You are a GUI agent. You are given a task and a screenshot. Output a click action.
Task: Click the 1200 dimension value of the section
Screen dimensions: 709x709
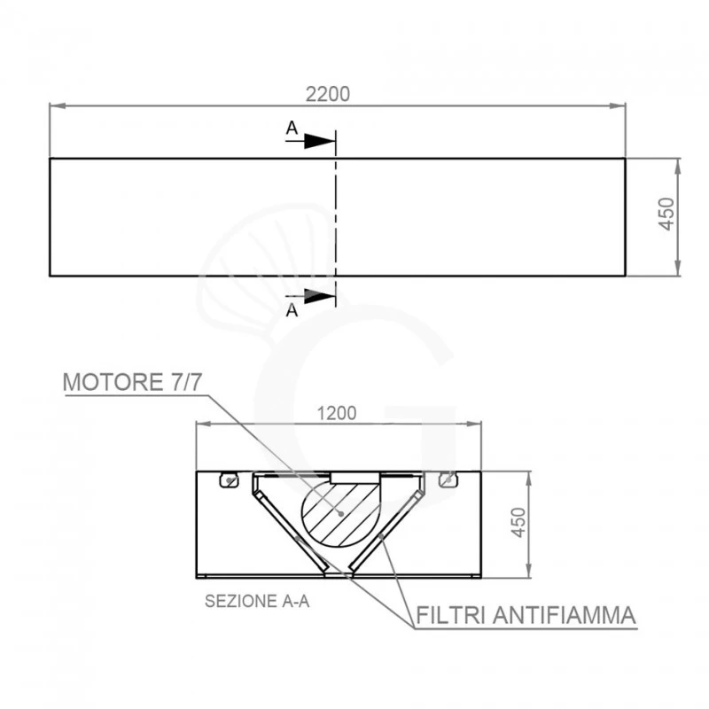[337, 413]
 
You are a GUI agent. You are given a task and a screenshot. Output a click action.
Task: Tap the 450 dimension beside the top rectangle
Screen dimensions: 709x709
[667, 214]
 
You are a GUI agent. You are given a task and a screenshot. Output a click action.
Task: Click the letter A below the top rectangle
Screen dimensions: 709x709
[292, 310]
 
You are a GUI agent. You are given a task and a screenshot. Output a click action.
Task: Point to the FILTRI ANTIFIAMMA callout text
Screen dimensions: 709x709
[526, 614]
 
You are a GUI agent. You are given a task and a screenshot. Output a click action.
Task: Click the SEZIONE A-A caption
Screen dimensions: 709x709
[257, 600]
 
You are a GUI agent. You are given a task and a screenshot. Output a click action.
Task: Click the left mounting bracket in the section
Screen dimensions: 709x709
[230, 479]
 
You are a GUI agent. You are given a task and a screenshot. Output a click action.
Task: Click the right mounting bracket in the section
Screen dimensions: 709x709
[447, 479]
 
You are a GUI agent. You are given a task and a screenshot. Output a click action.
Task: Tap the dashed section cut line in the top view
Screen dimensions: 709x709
[336, 217]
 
